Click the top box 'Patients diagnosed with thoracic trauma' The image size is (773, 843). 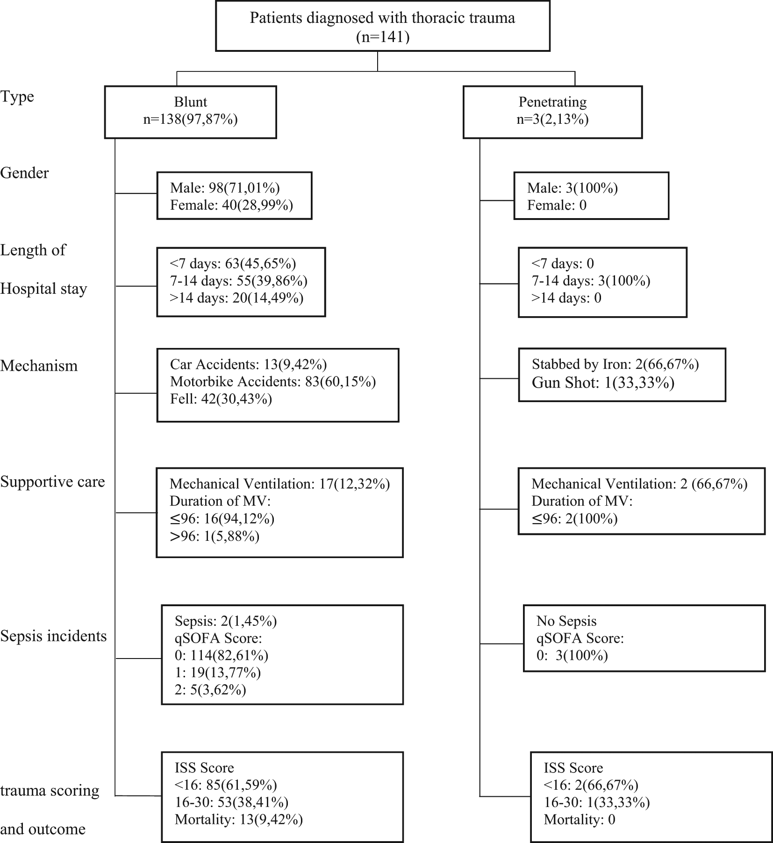pos(382,26)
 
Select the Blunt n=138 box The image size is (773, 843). pos(190,112)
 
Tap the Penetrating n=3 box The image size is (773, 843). pos(552,112)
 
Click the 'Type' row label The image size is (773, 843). pos(17,97)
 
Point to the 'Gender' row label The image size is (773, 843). pos(24,173)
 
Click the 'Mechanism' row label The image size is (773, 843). pos(39,365)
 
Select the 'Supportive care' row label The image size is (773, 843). pos(52,482)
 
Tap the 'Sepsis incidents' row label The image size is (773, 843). pos(53,636)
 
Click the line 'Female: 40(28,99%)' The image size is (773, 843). pos(231,205)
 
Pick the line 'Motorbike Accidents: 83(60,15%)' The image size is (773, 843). pos(273,382)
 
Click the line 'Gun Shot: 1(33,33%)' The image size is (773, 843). pos(603,383)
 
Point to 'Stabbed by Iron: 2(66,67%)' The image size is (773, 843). pos(615,364)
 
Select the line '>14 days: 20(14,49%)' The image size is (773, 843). pos(236,298)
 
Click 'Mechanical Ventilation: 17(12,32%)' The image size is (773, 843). pos(279,484)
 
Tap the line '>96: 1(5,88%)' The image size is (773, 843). pos(215,536)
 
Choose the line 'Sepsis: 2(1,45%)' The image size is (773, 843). pos(226,621)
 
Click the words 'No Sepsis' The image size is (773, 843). pos(566,621)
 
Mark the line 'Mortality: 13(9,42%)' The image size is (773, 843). pos(239,820)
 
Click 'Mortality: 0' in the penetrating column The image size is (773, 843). pos(580,820)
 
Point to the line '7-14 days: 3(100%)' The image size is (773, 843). pos(591,281)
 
